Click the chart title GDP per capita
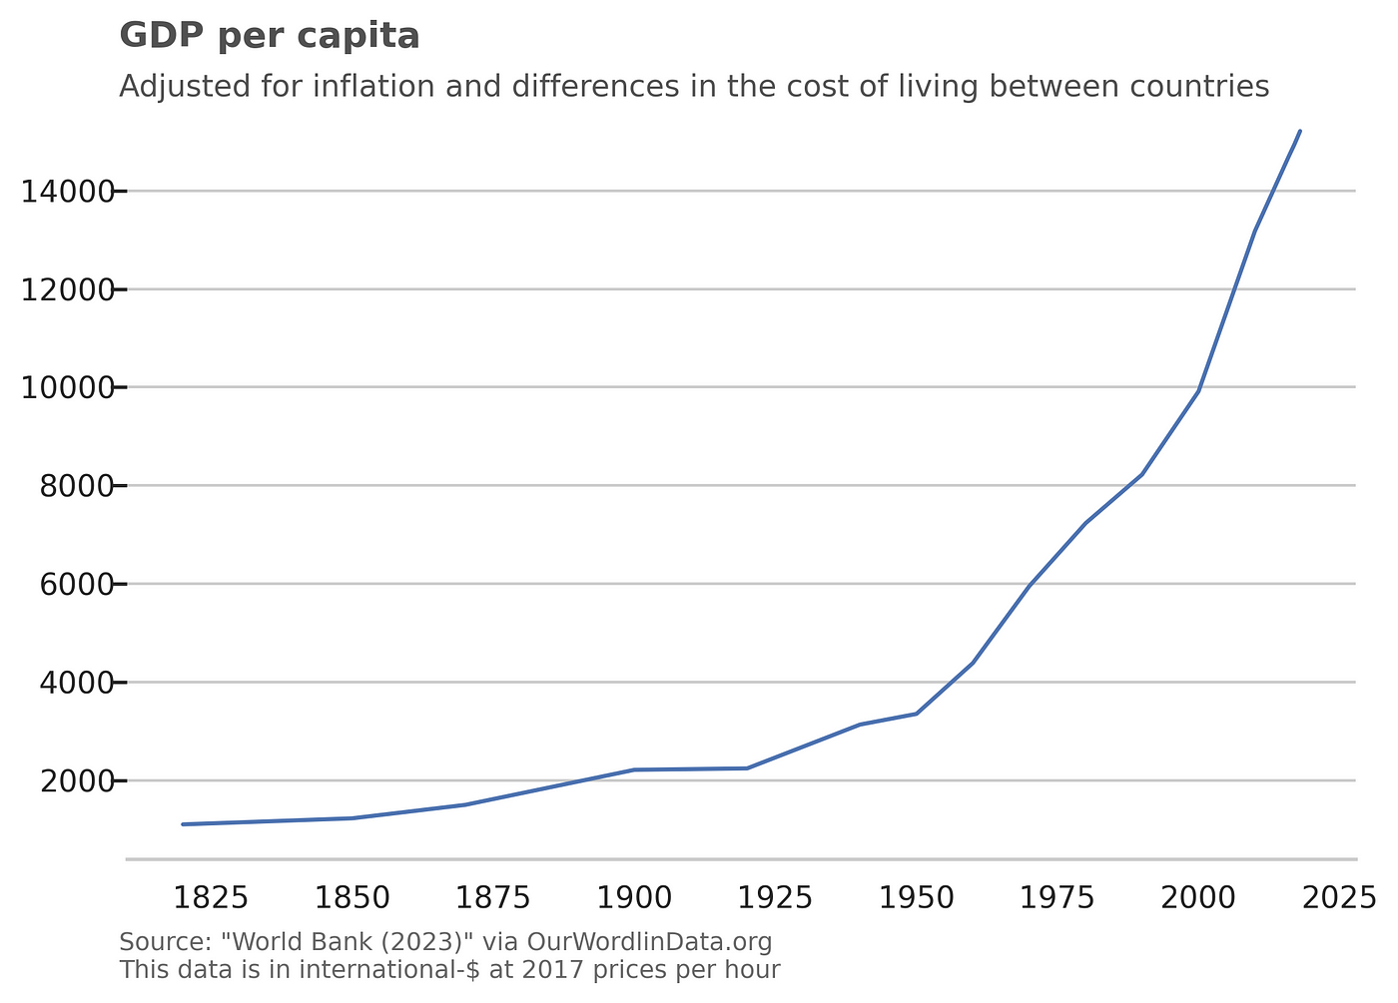pos(269,36)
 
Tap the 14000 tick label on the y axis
pos(67,191)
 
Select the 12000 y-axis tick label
pos(67,289)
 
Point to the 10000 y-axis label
pos(67,387)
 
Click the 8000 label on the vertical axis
pos(75,486)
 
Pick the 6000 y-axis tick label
pos(75,584)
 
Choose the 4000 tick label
pos(75,683)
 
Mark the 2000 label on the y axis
pos(75,780)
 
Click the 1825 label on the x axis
pos(211,897)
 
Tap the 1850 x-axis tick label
pos(351,897)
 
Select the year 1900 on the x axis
pos(634,897)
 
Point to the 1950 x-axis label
pos(916,897)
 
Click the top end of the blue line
pos(1300,131)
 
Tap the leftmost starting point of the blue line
pos(183,824)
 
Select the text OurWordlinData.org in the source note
pos(649,942)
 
